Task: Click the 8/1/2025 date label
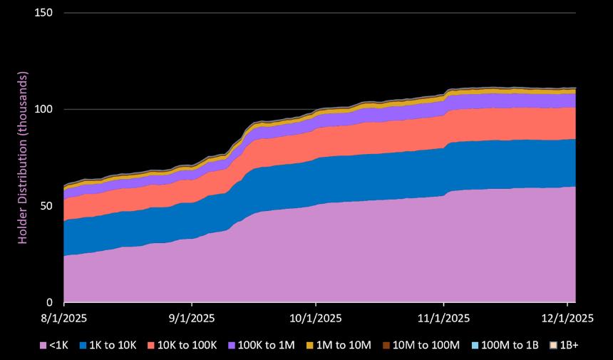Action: click(x=64, y=317)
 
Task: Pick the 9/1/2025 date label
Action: click(x=190, y=317)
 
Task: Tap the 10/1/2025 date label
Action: click(x=316, y=317)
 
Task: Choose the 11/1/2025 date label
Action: click(x=443, y=317)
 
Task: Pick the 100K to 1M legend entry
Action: click(x=260, y=345)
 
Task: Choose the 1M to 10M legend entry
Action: click(x=338, y=345)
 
